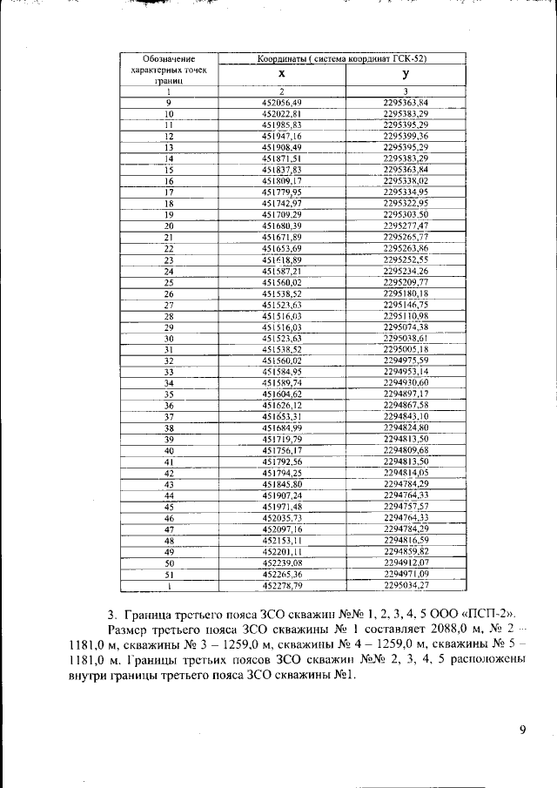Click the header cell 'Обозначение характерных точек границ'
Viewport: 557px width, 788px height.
click(168, 70)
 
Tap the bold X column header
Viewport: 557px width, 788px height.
click(281, 76)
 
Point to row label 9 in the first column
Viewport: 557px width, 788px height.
click(168, 103)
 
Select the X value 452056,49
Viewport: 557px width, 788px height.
click(281, 103)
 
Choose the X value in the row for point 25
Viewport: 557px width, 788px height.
click(281, 282)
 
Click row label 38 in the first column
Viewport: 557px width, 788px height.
click(169, 428)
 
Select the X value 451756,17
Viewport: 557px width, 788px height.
click(281, 451)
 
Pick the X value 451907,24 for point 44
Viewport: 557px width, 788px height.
click(281, 495)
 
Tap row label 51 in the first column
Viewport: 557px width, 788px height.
click(169, 575)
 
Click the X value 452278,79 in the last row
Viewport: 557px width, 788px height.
click(281, 586)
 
